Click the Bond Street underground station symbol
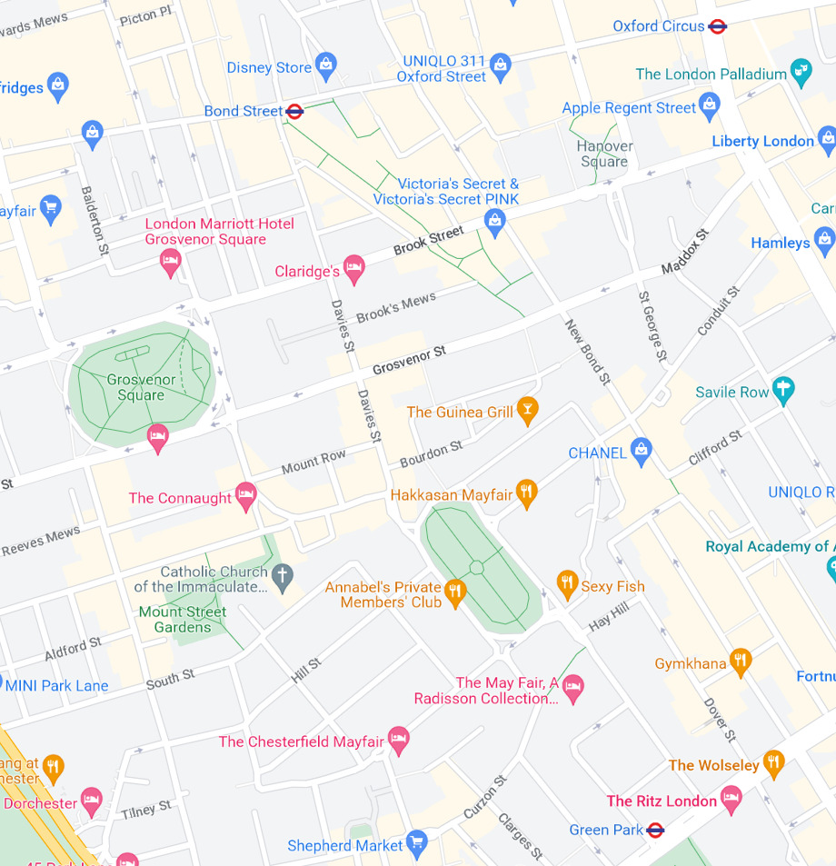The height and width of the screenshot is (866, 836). coord(294,112)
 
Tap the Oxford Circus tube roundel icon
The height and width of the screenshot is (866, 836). coord(718,26)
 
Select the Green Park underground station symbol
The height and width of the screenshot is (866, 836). coord(655,830)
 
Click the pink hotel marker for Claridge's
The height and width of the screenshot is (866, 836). coord(354,268)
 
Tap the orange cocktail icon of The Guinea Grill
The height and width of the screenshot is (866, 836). coord(527,409)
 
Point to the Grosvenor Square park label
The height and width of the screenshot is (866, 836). coord(141,387)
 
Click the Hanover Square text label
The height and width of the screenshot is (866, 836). coord(604,154)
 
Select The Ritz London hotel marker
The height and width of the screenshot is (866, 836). coord(731,799)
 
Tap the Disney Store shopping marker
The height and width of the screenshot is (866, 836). coord(326,65)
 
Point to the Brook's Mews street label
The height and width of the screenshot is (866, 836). coord(395,307)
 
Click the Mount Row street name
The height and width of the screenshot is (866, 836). coord(313,462)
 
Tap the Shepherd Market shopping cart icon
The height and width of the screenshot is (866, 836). coord(417,842)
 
